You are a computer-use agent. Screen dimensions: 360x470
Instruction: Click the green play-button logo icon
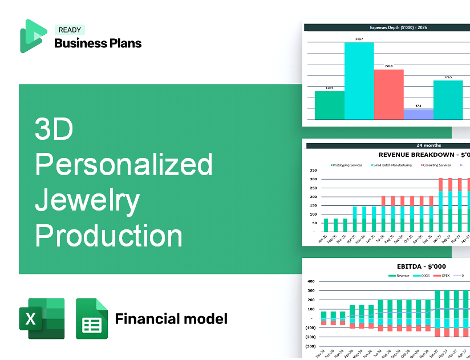click(x=33, y=36)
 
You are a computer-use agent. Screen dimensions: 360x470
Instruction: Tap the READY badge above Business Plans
click(x=69, y=30)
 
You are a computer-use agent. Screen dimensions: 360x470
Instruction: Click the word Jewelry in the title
click(x=87, y=200)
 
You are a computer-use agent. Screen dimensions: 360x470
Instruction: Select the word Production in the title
click(x=109, y=235)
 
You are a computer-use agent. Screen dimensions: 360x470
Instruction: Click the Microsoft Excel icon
click(x=42, y=318)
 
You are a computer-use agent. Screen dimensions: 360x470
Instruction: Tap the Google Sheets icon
click(x=92, y=318)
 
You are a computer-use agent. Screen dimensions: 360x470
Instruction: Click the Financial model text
click(x=171, y=318)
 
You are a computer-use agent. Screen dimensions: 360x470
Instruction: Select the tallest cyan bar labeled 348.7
click(x=359, y=80)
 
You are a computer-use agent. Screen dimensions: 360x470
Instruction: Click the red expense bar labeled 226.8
click(x=388, y=94)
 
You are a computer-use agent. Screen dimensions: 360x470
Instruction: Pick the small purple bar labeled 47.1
click(x=418, y=114)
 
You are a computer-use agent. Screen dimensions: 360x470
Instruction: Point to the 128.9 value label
click(x=329, y=88)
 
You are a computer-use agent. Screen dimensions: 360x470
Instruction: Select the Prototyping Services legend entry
click(x=346, y=165)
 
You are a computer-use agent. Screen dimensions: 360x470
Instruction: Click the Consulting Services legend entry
click(x=436, y=165)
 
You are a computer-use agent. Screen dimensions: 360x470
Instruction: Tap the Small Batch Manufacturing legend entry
click(x=393, y=165)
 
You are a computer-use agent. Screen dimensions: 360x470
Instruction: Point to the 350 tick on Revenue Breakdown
click(x=313, y=170)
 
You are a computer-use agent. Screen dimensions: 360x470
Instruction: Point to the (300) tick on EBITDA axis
click(x=310, y=346)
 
